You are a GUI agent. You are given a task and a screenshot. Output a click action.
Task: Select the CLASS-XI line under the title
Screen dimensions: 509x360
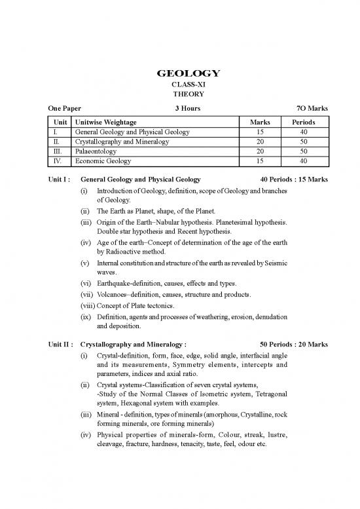pos(179,85)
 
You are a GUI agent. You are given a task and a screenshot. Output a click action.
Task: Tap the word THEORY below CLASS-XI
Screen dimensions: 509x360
pos(179,94)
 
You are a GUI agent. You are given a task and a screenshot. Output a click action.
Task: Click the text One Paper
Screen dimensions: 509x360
pos(64,108)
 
